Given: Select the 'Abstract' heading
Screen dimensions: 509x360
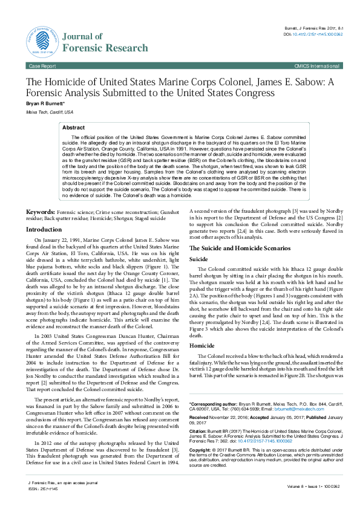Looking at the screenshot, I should (x=74, y=128).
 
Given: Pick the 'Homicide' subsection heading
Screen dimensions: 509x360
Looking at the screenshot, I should (x=202, y=346).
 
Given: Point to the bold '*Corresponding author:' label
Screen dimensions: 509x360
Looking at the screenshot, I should (x=212, y=403).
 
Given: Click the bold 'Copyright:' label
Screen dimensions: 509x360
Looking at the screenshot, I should (x=201, y=451).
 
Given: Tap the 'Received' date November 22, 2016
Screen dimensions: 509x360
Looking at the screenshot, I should (x=229, y=417).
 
